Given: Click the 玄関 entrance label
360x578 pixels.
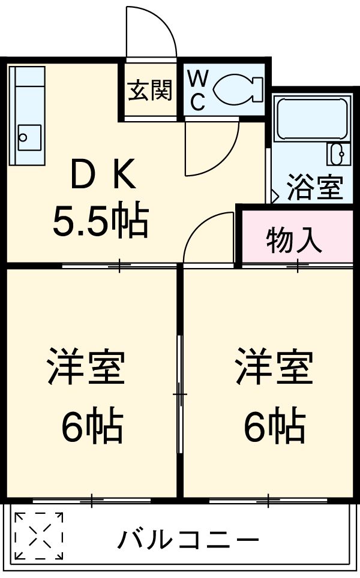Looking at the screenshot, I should tap(150, 91).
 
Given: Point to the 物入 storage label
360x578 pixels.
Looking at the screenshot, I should tap(294, 240).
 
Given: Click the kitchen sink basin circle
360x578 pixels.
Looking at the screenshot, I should tap(23, 137).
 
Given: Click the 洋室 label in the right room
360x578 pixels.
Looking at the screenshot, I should tap(274, 366).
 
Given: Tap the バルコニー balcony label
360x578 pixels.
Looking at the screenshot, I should tap(188, 540).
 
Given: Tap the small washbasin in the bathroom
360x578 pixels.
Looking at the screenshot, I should tap(337, 154).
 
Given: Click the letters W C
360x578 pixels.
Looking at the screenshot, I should tap(197, 91).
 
